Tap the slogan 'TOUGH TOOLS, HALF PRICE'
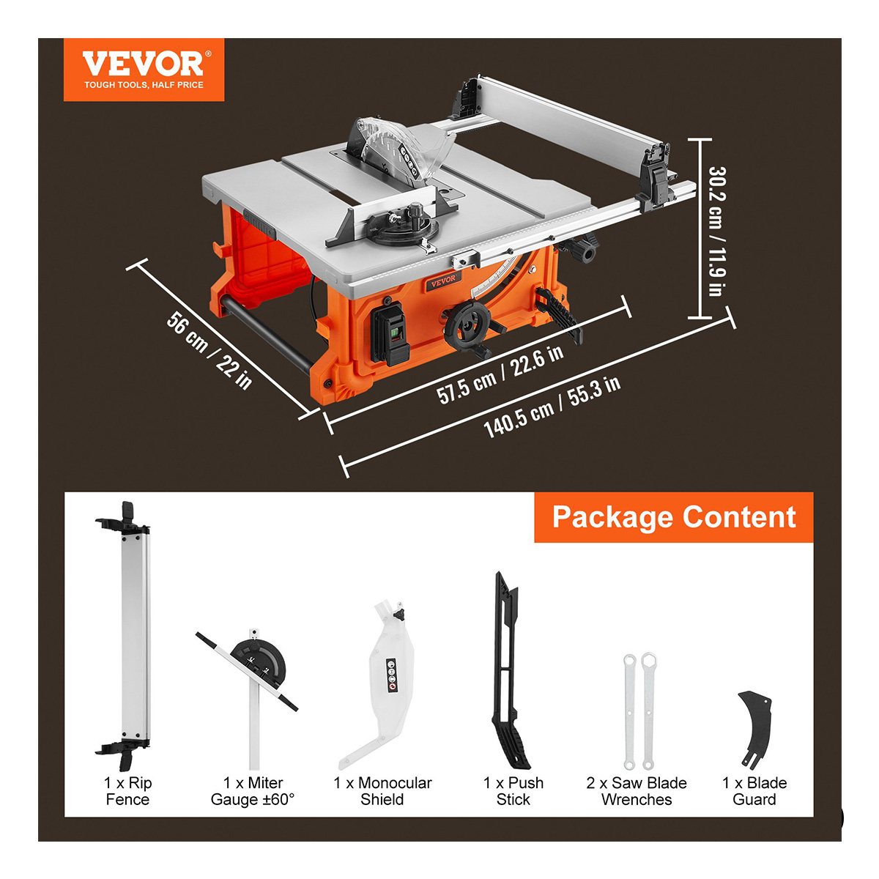(144, 85)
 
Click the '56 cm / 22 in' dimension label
(209, 350)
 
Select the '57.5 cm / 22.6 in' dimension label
(500, 374)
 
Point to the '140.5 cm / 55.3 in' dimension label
(552, 407)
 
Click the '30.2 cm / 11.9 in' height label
(716, 231)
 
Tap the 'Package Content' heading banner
(673, 517)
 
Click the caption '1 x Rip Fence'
(127, 791)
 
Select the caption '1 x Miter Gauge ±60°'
(253, 791)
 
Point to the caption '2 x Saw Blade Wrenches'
(637, 791)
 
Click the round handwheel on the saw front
(467, 326)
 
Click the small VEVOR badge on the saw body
(443, 280)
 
